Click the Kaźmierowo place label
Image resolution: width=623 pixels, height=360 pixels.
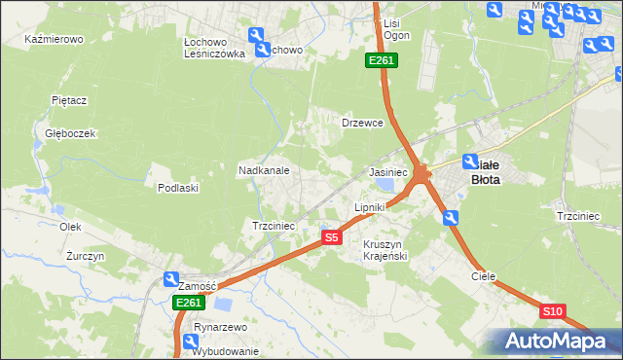pos(55,40)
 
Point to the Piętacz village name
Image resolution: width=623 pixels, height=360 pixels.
pos(70,100)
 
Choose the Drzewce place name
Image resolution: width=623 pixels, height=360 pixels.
pos(363,124)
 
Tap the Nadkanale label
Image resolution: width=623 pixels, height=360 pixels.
pos(264,170)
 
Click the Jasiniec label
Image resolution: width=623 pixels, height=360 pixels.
pos(388,171)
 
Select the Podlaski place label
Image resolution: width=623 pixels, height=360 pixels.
pos(178,188)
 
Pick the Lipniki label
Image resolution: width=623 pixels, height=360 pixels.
pos(370,207)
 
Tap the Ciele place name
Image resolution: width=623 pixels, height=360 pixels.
pos(484,276)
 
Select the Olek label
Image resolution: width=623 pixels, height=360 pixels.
pos(69,226)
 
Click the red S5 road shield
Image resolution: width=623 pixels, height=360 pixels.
pos(332,237)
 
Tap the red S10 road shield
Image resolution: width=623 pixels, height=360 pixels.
pos(552,311)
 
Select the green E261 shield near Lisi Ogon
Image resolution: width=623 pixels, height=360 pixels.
pos(381,61)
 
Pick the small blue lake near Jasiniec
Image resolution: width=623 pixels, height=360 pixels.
pos(385,184)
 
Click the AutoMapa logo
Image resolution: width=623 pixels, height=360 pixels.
pos(554,341)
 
